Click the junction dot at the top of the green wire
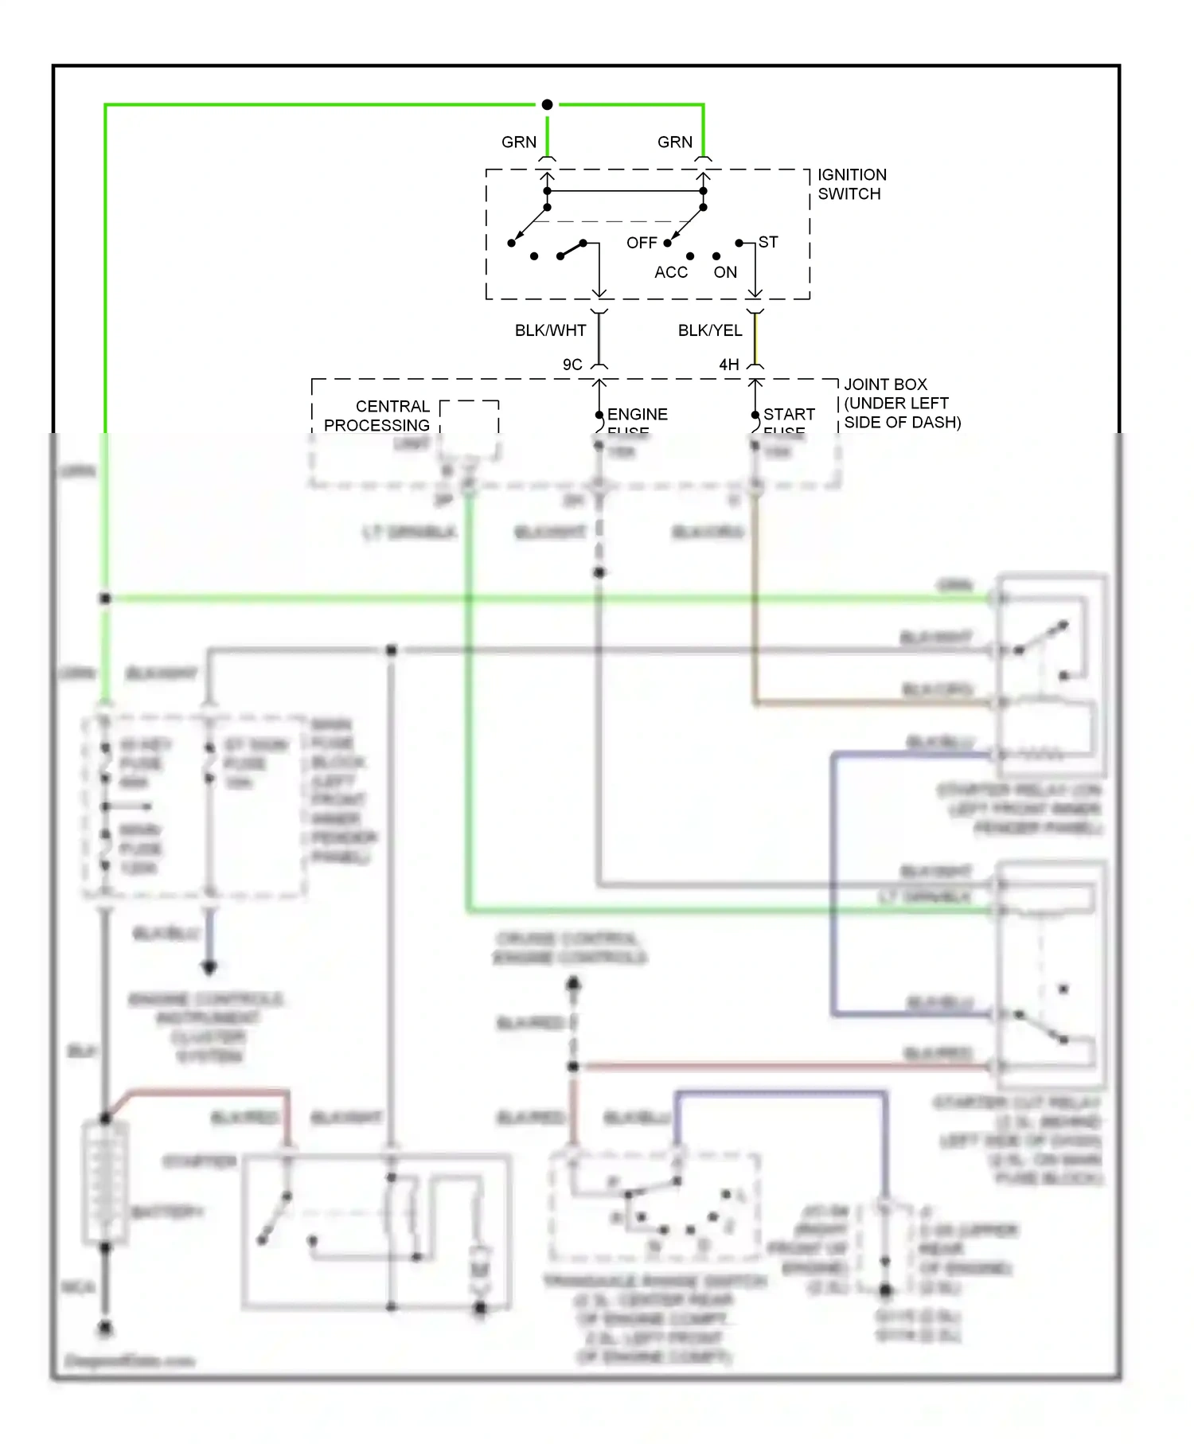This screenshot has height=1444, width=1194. point(547,104)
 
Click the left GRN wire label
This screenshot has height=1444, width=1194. point(518,142)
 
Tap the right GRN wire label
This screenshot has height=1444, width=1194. point(674,142)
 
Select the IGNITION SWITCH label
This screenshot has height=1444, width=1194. point(851,184)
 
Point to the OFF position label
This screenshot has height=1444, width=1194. point(641,243)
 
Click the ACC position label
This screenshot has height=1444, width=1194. point(670,272)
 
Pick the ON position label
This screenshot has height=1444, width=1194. point(724,272)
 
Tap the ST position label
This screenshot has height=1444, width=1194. point(767,242)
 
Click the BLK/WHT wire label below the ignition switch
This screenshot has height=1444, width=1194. point(550,330)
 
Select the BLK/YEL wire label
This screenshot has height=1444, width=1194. point(709,330)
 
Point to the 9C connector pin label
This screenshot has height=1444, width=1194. point(572,365)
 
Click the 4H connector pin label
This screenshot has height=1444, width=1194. point(728,365)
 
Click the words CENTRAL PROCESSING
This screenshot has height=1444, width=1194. point(377,416)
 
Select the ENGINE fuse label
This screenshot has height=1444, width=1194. point(637,415)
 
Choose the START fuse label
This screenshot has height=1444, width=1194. point(788,415)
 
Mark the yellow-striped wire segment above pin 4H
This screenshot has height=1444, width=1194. point(755,338)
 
